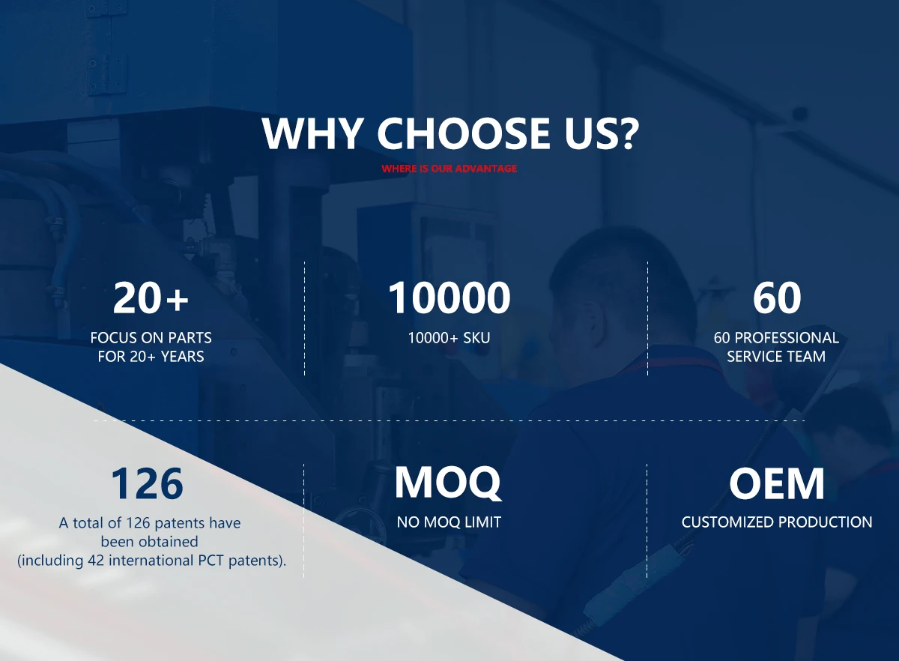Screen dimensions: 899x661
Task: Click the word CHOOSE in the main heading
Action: coord(464,133)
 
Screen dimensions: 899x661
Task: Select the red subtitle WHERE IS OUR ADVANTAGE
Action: coord(449,169)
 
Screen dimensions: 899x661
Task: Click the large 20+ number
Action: coord(151,298)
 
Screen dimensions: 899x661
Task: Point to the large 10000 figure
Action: coord(449,298)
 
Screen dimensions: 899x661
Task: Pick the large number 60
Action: coord(777,298)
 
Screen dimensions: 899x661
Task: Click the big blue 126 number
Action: coord(148,483)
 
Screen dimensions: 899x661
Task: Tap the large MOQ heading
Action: coord(448,483)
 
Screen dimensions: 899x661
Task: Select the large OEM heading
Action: coord(777,483)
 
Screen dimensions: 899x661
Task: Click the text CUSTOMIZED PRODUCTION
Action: coord(777,522)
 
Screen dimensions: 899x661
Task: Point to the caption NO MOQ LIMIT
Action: coord(449,522)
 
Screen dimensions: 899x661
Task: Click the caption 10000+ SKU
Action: coord(449,338)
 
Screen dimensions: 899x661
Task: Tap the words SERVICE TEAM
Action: coord(776,357)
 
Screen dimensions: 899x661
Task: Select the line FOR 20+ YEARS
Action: coord(151,357)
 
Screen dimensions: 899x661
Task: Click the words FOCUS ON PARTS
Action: coord(151,338)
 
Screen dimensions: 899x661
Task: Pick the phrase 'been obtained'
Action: coord(149,542)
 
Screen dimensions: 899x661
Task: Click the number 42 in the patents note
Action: coord(96,561)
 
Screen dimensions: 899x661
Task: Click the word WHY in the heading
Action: coord(311,133)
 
